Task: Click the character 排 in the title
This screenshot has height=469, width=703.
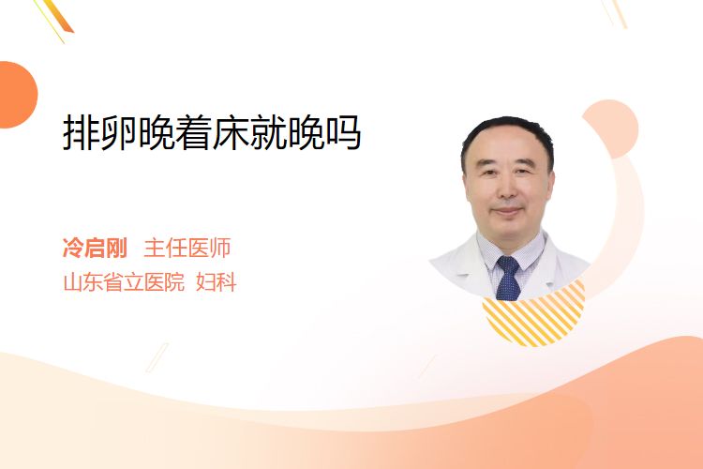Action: click(82, 132)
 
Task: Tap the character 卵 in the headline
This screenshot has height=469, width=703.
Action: click(118, 132)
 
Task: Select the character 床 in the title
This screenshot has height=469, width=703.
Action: click(231, 132)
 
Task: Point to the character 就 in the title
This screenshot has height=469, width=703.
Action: click(268, 132)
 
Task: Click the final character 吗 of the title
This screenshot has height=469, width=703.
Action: click(343, 132)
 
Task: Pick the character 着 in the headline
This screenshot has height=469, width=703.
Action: click(193, 132)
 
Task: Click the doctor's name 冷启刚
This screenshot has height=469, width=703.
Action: click(95, 248)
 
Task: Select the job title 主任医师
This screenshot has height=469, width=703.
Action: click(187, 248)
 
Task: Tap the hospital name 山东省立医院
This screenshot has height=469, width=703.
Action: click(124, 282)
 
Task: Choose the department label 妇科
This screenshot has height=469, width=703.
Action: click(217, 282)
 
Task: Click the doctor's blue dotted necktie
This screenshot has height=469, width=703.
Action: click(508, 279)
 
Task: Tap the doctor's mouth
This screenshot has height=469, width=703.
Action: click(508, 211)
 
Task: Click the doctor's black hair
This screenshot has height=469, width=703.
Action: click(507, 130)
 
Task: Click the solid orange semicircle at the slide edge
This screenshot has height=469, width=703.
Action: click(17, 95)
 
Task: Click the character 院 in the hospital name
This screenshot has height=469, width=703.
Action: click(175, 282)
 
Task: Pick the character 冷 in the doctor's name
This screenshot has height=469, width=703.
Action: click(73, 248)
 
